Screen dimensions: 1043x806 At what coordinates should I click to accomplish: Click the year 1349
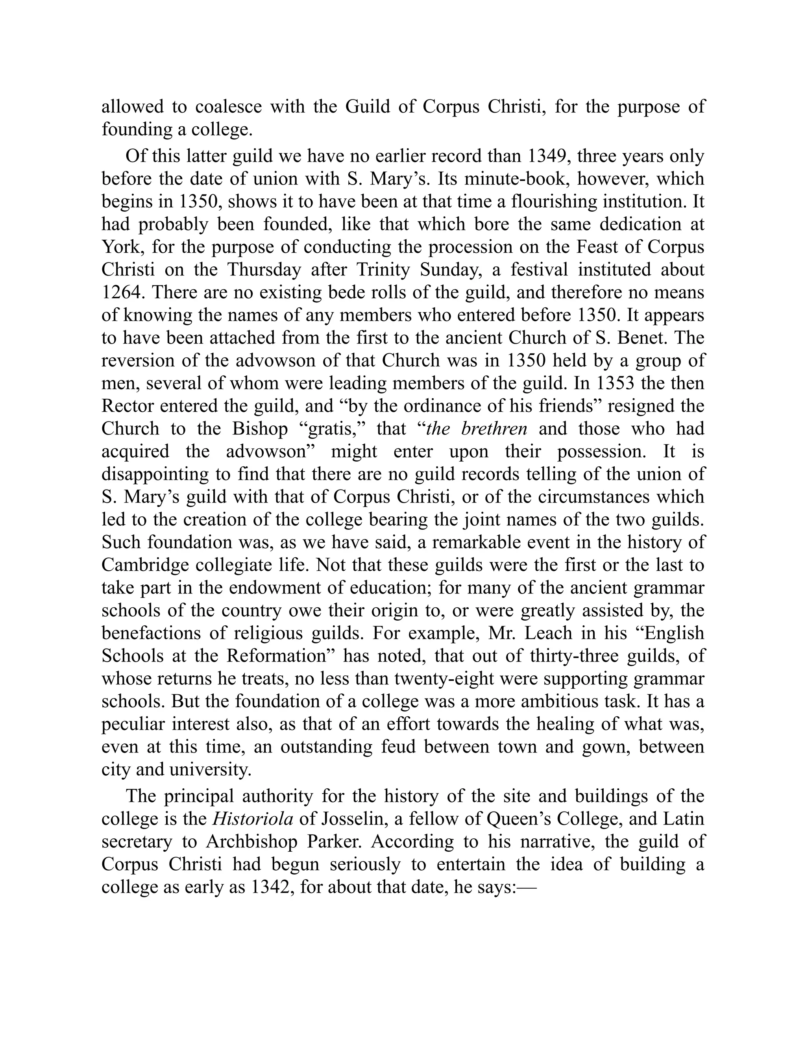coord(548,157)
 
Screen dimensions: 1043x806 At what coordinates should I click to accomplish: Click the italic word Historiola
coord(253,819)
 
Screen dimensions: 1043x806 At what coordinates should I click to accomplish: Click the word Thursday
coord(263,270)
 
